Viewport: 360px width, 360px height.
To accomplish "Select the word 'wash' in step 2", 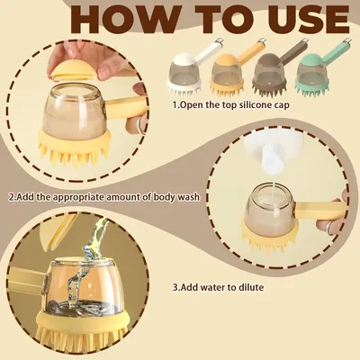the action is [188, 197].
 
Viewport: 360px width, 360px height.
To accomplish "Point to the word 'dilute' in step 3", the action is [250, 287].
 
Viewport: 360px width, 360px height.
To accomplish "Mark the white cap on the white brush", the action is [183, 59].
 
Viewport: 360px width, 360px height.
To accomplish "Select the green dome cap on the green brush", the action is [311, 59].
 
